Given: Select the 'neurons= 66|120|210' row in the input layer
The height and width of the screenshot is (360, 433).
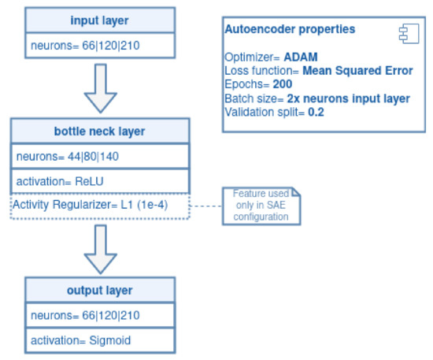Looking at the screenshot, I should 100,45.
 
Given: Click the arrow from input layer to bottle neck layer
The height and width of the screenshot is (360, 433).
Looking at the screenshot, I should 99,89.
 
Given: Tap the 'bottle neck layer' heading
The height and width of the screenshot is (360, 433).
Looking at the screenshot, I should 100,130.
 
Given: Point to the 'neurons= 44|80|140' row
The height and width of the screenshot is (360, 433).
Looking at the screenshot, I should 100,156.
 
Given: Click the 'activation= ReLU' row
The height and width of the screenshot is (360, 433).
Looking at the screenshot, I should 100,180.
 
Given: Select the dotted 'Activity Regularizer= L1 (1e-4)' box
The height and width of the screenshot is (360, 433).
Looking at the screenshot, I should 100,206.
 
